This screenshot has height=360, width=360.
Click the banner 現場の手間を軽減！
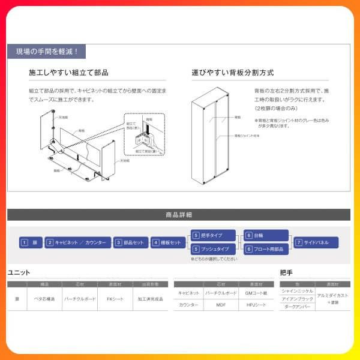(x=47, y=52)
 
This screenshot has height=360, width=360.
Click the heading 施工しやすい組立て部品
(x=68, y=73)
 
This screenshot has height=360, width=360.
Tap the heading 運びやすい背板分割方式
(x=233, y=73)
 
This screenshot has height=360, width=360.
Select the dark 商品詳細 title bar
(x=179, y=214)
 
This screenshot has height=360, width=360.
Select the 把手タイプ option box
(x=213, y=236)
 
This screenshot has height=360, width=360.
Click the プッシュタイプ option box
(x=213, y=248)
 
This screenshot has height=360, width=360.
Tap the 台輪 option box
(x=266, y=236)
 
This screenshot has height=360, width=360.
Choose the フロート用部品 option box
(x=266, y=248)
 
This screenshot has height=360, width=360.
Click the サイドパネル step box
(x=316, y=242)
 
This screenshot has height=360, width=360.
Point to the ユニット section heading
(x=19, y=272)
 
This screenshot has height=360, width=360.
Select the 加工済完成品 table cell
(x=150, y=298)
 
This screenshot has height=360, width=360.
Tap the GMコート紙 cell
(x=256, y=292)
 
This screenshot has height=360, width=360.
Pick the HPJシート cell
(x=256, y=305)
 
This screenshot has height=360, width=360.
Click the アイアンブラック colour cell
(x=297, y=298)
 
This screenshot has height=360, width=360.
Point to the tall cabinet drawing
(x=212, y=138)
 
